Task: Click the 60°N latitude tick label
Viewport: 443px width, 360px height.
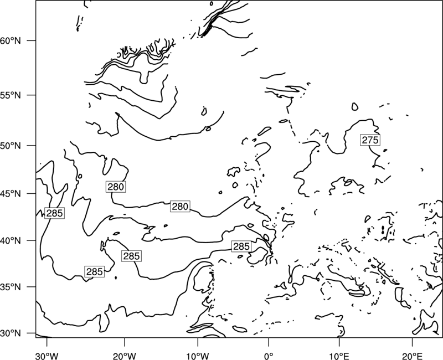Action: coord(11,40)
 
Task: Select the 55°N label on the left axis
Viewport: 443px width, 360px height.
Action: coord(11,95)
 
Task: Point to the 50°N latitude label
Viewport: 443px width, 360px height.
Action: coord(11,146)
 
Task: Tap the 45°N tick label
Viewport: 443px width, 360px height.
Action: coord(11,194)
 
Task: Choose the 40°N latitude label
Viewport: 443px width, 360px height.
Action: coord(11,241)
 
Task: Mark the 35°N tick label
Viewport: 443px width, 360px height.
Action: coord(11,287)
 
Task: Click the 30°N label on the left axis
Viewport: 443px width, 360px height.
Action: coord(11,333)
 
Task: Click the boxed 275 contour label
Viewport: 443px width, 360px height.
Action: coord(370,140)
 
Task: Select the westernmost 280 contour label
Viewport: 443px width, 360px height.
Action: coord(116,187)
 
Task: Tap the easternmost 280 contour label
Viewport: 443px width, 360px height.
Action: coord(180,207)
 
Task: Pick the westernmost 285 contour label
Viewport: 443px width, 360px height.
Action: coord(54,213)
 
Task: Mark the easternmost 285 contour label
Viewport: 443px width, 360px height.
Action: coord(241,246)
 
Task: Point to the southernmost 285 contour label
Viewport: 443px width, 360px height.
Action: coord(94,271)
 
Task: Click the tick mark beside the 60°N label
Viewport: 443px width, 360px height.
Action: coord(32,40)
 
